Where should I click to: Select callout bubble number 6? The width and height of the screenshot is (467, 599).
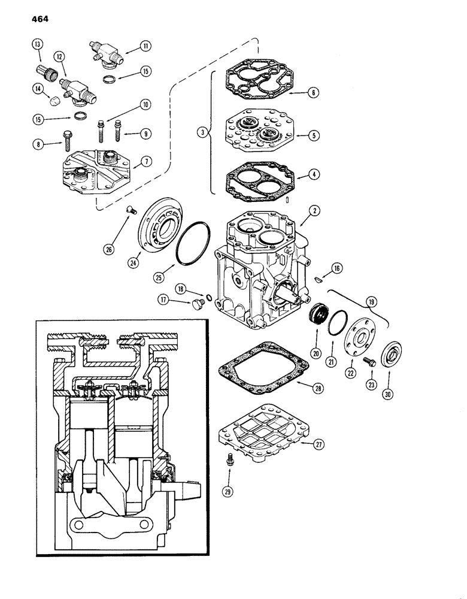pos(314,93)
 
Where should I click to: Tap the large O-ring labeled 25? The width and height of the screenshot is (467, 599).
pos(192,244)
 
